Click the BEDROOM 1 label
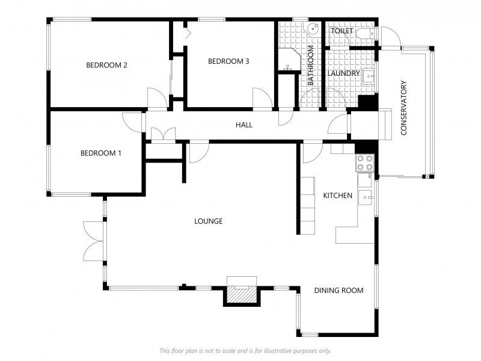coord(100,153)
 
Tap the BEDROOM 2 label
coord(106,65)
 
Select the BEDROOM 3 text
coord(228,61)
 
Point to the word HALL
coord(244,125)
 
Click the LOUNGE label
coord(208,221)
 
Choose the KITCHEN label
coord(338,196)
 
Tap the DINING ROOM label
coord(339,291)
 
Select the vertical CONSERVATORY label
coord(403,108)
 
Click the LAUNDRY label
coord(343,73)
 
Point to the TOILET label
coord(342,31)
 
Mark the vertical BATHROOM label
coord(310,65)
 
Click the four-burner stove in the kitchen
coord(365,162)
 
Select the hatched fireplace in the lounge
coord(241,294)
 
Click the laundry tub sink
coord(369,76)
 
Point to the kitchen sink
coord(366,198)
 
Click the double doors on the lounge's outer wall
coord(94,241)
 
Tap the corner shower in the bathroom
coord(289,59)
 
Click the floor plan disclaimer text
coord(245,351)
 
